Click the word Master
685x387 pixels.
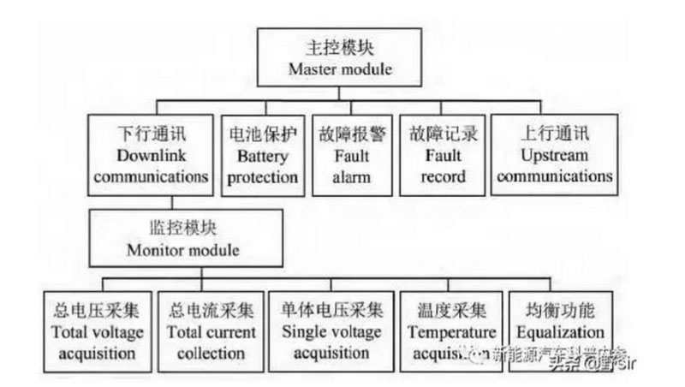click(x=313, y=67)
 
